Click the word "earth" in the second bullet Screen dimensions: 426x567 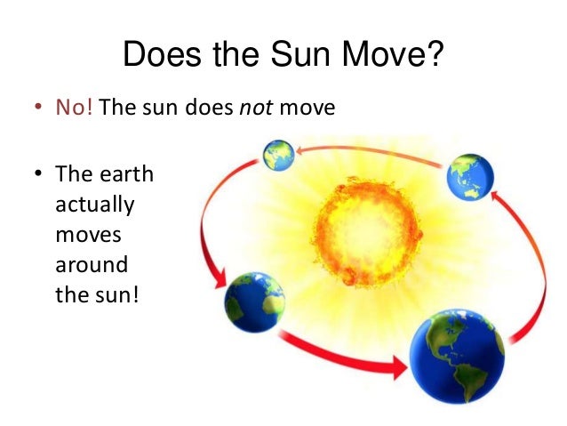coord(124,174)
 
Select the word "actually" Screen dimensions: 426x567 coord(94,205)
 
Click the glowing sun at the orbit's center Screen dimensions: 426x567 coord(363,223)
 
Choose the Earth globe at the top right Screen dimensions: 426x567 coord(470,176)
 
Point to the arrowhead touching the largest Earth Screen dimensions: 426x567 coord(395,364)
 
